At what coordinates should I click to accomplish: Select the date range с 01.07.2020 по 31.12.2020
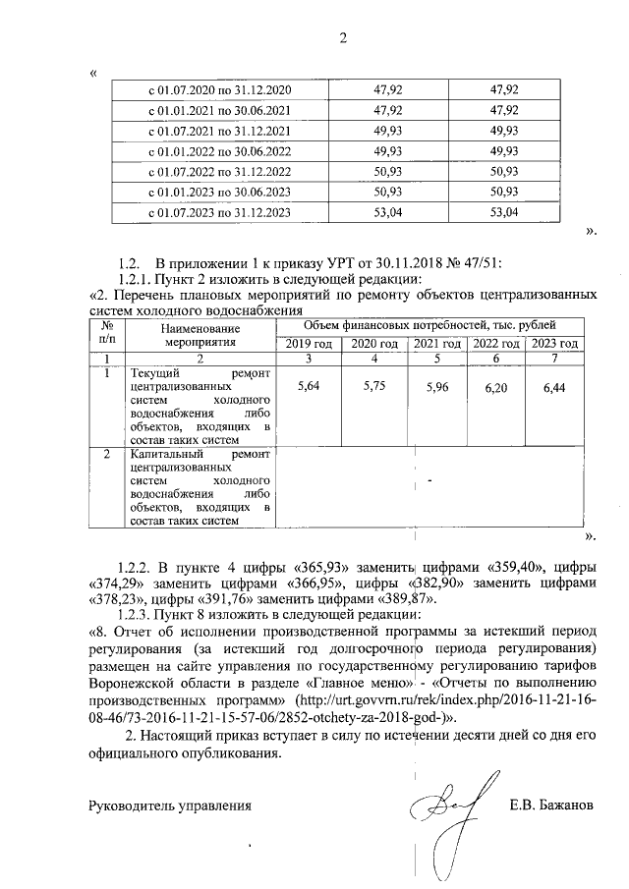(218, 90)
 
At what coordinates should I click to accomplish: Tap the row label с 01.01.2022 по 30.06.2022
(218, 151)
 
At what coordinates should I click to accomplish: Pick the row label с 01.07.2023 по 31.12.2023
(218, 212)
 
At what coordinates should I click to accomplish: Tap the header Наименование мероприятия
(201, 335)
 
